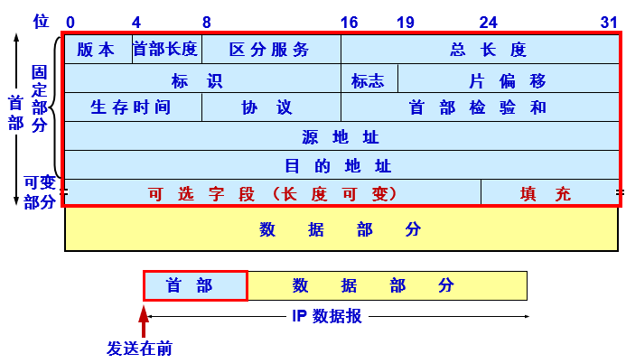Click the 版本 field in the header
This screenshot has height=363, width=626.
tap(98, 50)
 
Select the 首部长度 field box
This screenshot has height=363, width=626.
tap(166, 50)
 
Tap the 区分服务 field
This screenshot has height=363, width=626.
tap(270, 50)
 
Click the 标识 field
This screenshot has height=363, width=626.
tap(201, 79)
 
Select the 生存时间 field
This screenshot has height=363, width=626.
tap(132, 107)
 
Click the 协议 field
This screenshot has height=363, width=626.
tap(270, 107)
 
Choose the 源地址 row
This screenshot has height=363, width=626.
tap(341, 136)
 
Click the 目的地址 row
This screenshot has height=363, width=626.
tap(341, 165)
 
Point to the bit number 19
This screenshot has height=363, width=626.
tap(406, 22)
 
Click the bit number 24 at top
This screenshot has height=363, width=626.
tap(488, 22)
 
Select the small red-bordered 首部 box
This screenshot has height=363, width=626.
tap(194, 285)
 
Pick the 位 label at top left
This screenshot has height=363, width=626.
tap(41, 21)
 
